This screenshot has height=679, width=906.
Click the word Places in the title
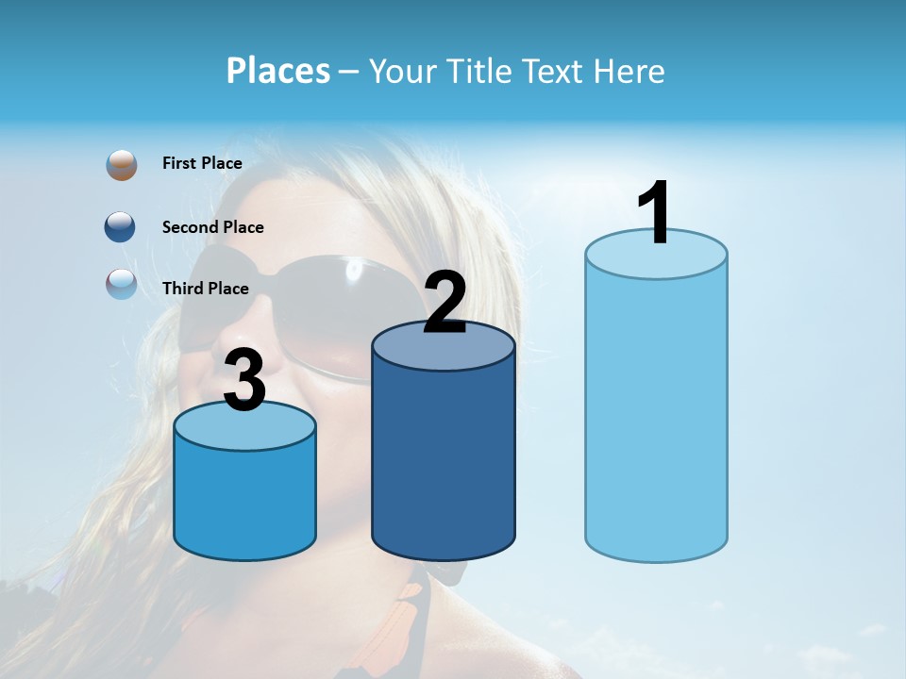(278, 71)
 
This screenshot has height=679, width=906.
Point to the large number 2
(445, 303)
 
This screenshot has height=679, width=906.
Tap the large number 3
(245, 380)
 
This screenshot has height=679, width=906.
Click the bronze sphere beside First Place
(121, 165)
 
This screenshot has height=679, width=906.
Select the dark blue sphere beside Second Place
(121, 227)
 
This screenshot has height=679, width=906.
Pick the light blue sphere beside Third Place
(121, 284)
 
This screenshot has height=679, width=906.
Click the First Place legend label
(202, 163)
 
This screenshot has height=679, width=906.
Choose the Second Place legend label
(212, 227)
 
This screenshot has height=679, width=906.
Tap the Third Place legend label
(205, 289)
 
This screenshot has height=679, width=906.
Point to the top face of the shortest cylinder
(245, 429)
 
